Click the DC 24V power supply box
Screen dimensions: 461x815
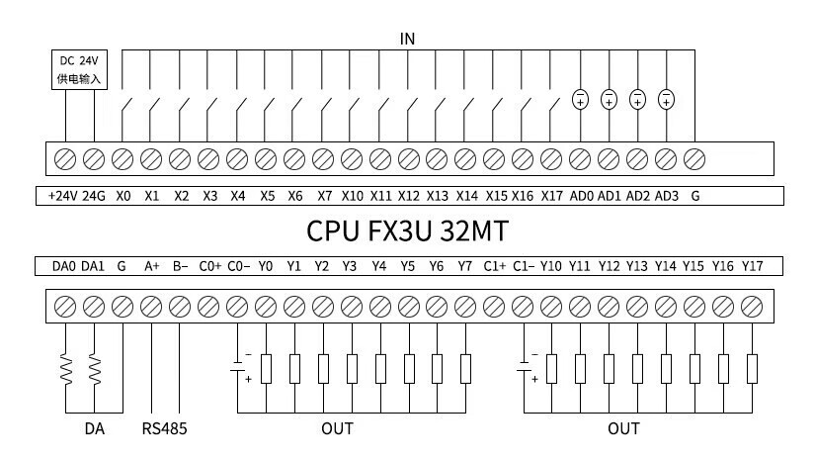pos(80,68)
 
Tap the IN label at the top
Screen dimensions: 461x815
pos(407,39)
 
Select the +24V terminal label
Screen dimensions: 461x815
pos(62,196)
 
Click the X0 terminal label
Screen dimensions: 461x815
pos(122,196)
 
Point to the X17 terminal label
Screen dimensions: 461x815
pos(551,196)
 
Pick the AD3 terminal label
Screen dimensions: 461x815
pos(667,196)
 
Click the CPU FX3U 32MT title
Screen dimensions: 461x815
pos(407,231)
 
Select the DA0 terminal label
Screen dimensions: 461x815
pos(63,266)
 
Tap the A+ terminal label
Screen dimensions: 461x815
pos(152,266)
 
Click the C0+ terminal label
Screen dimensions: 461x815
pos(209,266)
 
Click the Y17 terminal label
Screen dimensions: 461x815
pos(752,266)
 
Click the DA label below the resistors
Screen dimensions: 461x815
pos(93,428)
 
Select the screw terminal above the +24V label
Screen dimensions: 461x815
pos(65,158)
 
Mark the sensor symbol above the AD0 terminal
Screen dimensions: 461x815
pos(581,98)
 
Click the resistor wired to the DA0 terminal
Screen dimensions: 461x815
pos(65,370)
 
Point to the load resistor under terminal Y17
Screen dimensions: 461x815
pos(752,369)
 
